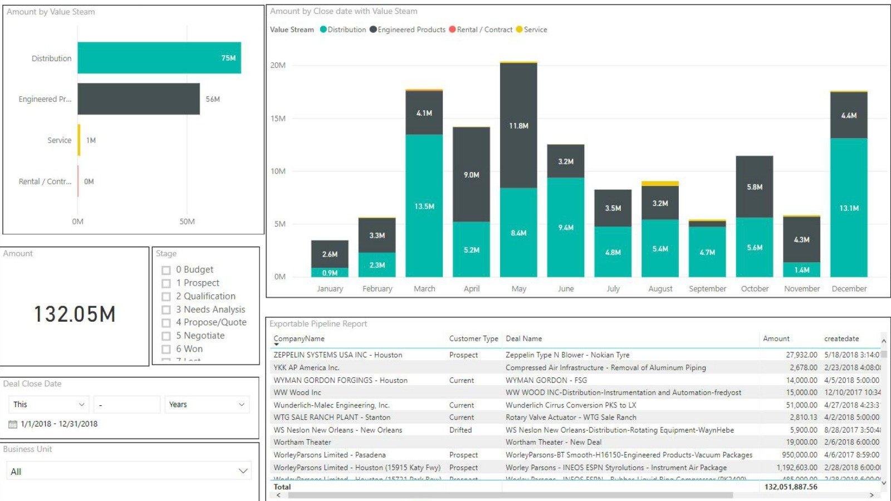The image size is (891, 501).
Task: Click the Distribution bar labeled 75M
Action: tap(159, 58)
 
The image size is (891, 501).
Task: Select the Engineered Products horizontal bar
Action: tap(138, 99)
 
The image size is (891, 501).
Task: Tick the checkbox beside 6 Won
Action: tap(166, 350)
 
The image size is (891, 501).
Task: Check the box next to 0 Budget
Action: tap(166, 270)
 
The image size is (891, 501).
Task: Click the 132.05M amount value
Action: tap(75, 315)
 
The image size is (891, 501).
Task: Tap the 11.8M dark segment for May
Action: tap(518, 126)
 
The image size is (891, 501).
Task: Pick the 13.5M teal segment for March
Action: tap(424, 206)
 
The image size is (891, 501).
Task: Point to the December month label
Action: tap(849, 288)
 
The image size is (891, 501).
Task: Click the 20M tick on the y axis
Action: tap(278, 65)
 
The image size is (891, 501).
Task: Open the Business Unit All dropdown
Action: tap(129, 471)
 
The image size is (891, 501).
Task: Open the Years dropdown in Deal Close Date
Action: tap(206, 405)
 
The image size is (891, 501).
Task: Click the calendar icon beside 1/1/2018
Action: tap(13, 424)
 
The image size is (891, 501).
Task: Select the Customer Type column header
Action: tap(473, 338)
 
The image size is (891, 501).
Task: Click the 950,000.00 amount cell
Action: tap(799, 455)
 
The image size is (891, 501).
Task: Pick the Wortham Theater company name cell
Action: tap(302, 442)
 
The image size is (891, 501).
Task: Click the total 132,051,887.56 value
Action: tap(790, 487)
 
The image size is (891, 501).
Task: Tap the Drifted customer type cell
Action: tap(461, 430)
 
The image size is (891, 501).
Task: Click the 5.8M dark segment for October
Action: tap(754, 187)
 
